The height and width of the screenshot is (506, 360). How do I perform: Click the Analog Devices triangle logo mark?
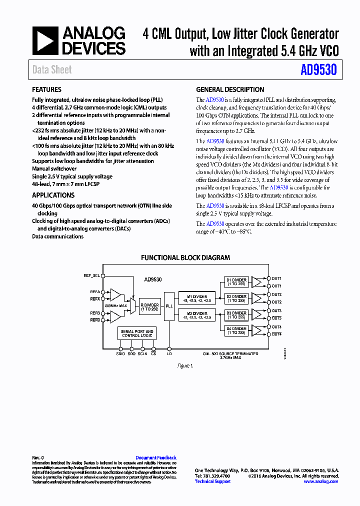[45, 41]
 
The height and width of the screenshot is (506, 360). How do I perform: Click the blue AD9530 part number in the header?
[318, 70]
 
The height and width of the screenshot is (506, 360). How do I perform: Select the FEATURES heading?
[47, 90]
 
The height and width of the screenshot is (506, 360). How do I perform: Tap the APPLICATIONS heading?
[53, 195]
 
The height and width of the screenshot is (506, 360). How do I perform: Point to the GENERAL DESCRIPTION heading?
[230, 90]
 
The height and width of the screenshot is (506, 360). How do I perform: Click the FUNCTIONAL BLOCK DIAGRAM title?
[185, 258]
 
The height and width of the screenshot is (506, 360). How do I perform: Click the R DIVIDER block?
[149, 307]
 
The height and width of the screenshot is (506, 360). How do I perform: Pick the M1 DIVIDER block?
[197, 298]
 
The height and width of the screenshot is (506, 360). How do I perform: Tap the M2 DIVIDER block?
[197, 315]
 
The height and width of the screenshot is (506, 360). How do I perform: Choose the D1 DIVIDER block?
[236, 281]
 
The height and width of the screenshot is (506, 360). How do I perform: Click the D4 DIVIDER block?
[236, 330]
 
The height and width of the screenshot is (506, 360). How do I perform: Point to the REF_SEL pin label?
[91, 275]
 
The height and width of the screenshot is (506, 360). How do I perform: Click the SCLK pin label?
[142, 354]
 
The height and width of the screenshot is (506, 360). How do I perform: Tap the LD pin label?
[169, 354]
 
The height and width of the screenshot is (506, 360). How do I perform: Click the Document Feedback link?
[156, 458]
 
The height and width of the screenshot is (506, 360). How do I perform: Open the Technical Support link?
[212, 481]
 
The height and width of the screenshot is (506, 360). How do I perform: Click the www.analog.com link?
[320, 481]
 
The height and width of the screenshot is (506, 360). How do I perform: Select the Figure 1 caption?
[185, 366]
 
